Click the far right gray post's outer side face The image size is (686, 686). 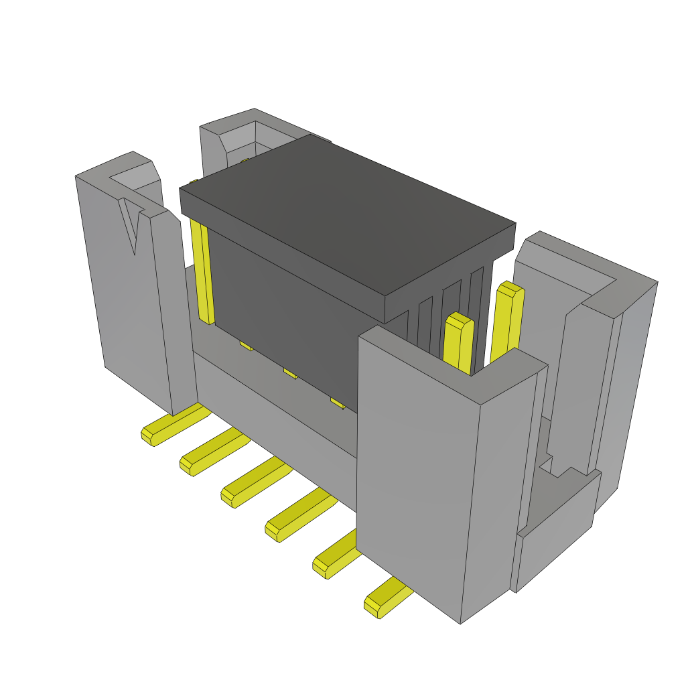tap(626, 375)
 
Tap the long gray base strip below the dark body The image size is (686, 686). tap(275, 415)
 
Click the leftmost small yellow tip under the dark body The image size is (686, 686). tap(246, 346)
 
